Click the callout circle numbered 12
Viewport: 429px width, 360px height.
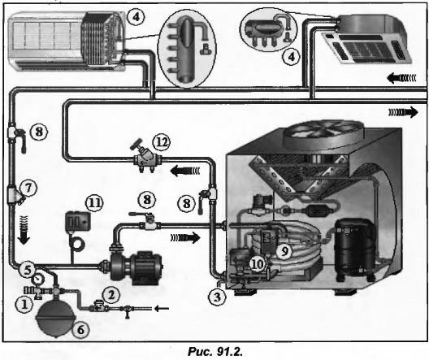(162, 142)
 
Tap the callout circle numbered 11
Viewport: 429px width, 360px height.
(95, 203)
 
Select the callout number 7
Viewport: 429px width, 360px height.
(28, 188)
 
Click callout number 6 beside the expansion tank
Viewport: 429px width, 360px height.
(81, 330)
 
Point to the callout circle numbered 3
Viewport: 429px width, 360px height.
(217, 297)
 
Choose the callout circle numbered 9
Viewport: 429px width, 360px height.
(284, 250)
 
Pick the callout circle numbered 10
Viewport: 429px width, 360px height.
(258, 264)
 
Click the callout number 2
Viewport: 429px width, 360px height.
(110, 295)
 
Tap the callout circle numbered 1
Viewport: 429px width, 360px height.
(24, 304)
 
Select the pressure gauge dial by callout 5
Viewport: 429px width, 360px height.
(37, 280)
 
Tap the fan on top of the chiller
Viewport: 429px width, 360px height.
(323, 134)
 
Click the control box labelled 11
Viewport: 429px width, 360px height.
(77, 221)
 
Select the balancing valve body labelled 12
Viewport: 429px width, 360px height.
(148, 160)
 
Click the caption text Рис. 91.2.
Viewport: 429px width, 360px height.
(215, 352)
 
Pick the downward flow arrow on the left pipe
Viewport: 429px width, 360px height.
(24, 230)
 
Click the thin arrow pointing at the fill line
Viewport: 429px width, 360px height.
(162, 309)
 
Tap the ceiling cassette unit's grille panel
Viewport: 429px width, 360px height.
(366, 48)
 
